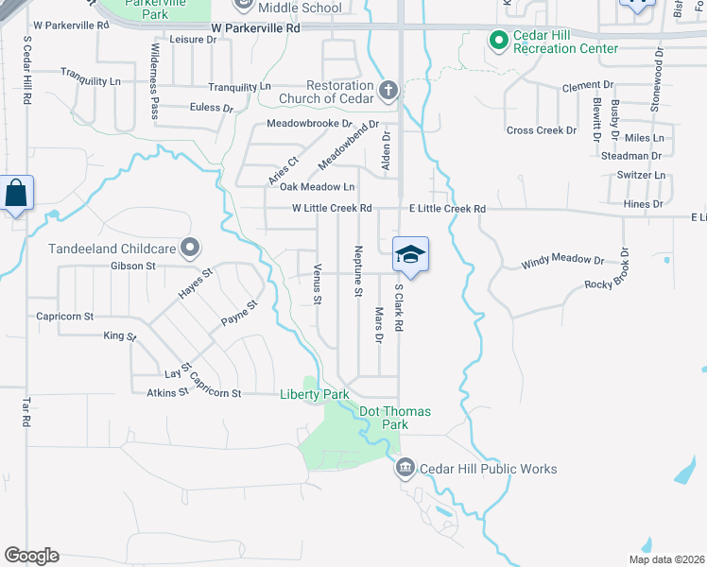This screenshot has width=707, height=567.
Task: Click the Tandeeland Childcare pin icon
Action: [191, 249]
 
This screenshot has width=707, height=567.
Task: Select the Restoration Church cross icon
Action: [387, 91]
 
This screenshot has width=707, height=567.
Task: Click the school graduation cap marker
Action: [410, 254]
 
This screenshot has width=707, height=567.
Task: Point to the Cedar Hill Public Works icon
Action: [405, 468]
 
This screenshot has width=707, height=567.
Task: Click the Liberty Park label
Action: [315, 394]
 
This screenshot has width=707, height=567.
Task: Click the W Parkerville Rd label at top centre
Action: [255, 29]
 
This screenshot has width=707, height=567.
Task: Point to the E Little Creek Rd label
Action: [447, 209]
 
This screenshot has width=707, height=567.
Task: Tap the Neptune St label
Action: [358, 271]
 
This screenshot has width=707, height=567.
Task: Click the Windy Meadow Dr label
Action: [562, 261]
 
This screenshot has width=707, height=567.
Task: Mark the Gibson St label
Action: [132, 266]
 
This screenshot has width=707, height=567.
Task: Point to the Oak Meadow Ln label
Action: [318, 187]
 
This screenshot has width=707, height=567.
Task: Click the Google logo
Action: [31, 556]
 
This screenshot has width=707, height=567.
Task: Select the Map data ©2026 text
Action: [666, 559]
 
